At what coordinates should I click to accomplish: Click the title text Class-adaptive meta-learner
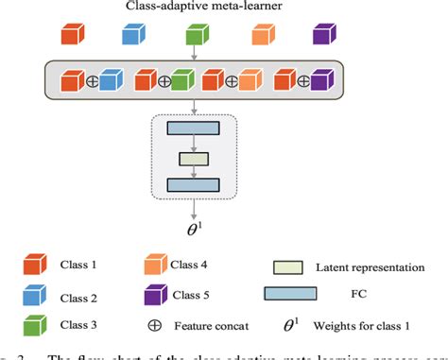click(194, 9)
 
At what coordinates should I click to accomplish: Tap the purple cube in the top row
click(325, 35)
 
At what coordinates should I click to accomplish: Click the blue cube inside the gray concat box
click(112, 81)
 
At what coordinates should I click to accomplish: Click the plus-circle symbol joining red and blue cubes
click(93, 81)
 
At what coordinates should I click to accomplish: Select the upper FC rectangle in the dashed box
click(193, 128)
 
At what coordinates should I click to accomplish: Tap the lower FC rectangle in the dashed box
click(193, 184)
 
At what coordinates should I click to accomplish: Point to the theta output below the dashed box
click(194, 227)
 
